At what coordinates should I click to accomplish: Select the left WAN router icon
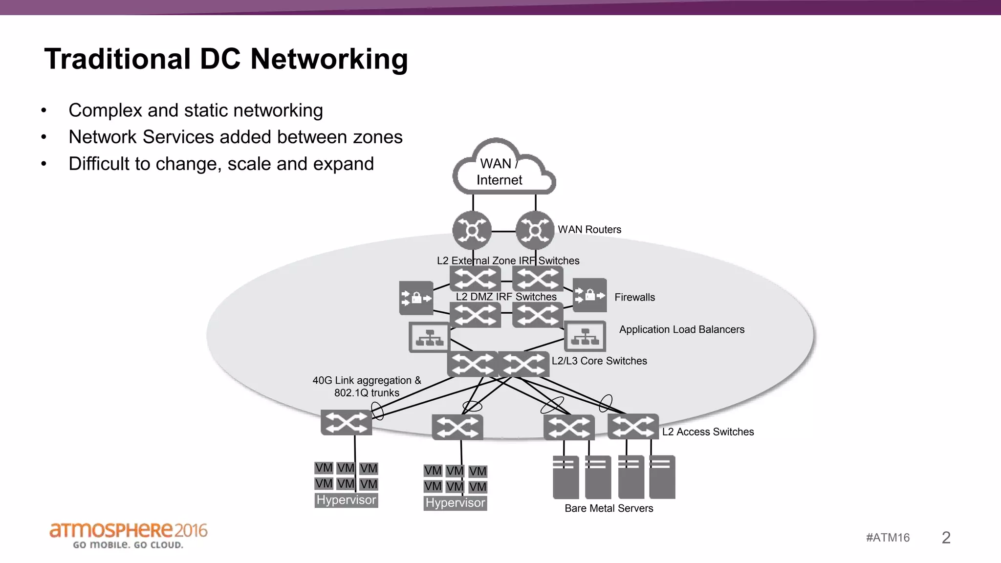(x=472, y=230)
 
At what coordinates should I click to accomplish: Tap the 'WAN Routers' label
(x=589, y=230)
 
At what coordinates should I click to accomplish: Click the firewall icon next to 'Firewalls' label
(x=589, y=295)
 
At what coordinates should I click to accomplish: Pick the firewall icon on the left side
(x=416, y=298)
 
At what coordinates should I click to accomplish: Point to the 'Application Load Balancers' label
(x=681, y=329)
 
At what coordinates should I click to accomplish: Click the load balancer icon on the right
(x=585, y=336)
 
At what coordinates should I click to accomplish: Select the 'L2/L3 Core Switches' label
(x=599, y=361)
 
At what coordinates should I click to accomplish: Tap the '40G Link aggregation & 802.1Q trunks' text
(x=367, y=387)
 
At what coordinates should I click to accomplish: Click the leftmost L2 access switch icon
(x=346, y=423)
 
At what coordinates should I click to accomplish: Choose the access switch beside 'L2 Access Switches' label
(x=632, y=427)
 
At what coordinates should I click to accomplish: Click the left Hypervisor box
(x=346, y=500)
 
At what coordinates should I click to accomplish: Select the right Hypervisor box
(x=455, y=503)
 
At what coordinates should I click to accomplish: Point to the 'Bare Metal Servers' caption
(x=609, y=508)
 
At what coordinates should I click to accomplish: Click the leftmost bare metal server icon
(x=566, y=477)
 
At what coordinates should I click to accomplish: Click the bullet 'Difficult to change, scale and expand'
(x=221, y=164)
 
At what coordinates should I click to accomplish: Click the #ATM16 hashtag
(x=888, y=538)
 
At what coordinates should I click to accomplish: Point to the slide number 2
(x=946, y=538)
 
